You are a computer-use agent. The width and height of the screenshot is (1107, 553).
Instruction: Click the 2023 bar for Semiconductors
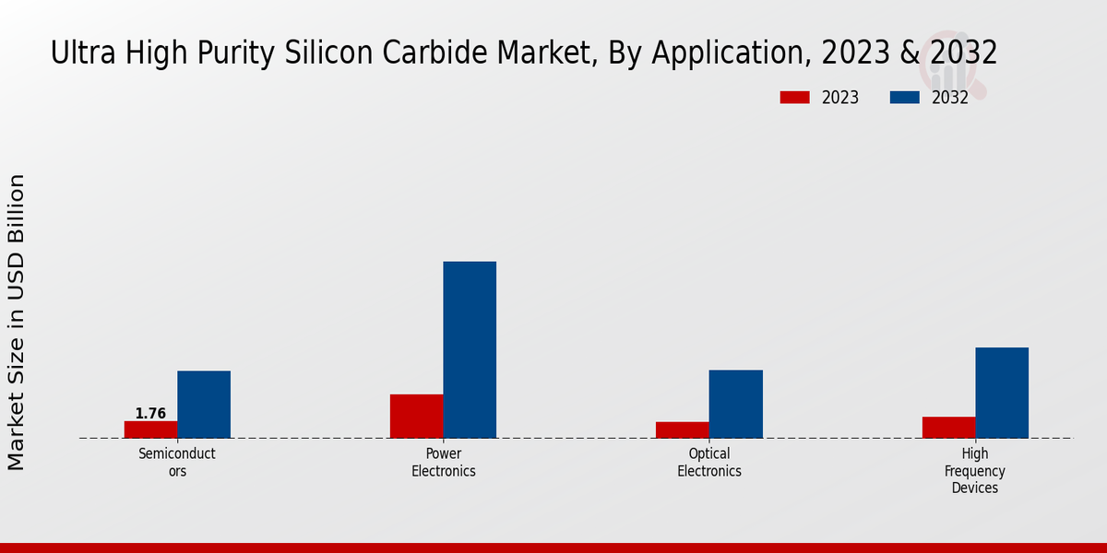pyautogui.click(x=150, y=429)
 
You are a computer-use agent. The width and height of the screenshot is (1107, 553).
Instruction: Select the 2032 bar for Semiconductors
pyautogui.click(x=204, y=405)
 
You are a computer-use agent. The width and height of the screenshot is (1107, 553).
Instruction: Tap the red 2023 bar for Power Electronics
pyautogui.click(x=416, y=416)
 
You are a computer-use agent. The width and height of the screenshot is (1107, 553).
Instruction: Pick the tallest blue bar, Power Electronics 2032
pyautogui.click(x=470, y=349)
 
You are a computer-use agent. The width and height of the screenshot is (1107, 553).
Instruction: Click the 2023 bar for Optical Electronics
pyautogui.click(x=683, y=429)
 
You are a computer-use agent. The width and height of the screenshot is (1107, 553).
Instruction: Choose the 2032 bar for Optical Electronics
pyautogui.click(x=736, y=404)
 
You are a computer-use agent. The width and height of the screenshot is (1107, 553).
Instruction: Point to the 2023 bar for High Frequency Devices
pyautogui.click(x=948, y=427)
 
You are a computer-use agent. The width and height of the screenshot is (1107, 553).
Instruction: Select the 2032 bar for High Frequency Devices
pyautogui.click(x=1002, y=393)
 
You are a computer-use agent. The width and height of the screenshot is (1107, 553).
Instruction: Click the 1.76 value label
pyautogui.click(x=150, y=414)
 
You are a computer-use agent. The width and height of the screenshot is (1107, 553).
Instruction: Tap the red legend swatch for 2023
pyautogui.click(x=794, y=98)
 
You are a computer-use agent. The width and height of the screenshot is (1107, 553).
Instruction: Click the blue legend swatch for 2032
pyautogui.click(x=904, y=98)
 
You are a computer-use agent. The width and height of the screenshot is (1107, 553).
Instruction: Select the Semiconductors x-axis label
pyautogui.click(x=177, y=462)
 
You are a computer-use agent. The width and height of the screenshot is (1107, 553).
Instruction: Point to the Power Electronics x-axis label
pyautogui.click(x=444, y=462)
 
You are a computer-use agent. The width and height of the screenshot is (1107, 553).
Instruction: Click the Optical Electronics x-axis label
pyautogui.click(x=709, y=462)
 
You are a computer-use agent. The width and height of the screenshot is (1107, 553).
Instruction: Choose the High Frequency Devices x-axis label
pyautogui.click(x=975, y=470)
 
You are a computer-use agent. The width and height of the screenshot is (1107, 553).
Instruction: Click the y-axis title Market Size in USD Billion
pyautogui.click(x=17, y=322)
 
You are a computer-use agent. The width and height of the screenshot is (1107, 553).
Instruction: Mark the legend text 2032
pyautogui.click(x=949, y=98)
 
